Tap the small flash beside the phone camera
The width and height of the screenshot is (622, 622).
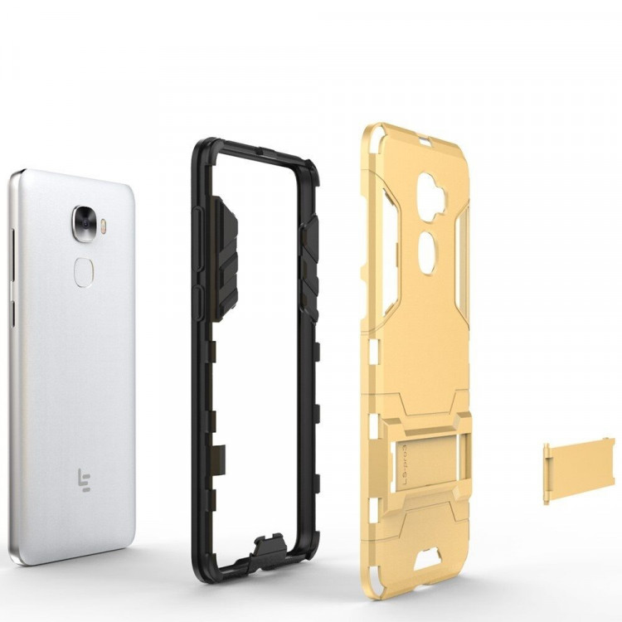[x=104, y=224]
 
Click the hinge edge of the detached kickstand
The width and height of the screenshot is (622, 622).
[x=547, y=474]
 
